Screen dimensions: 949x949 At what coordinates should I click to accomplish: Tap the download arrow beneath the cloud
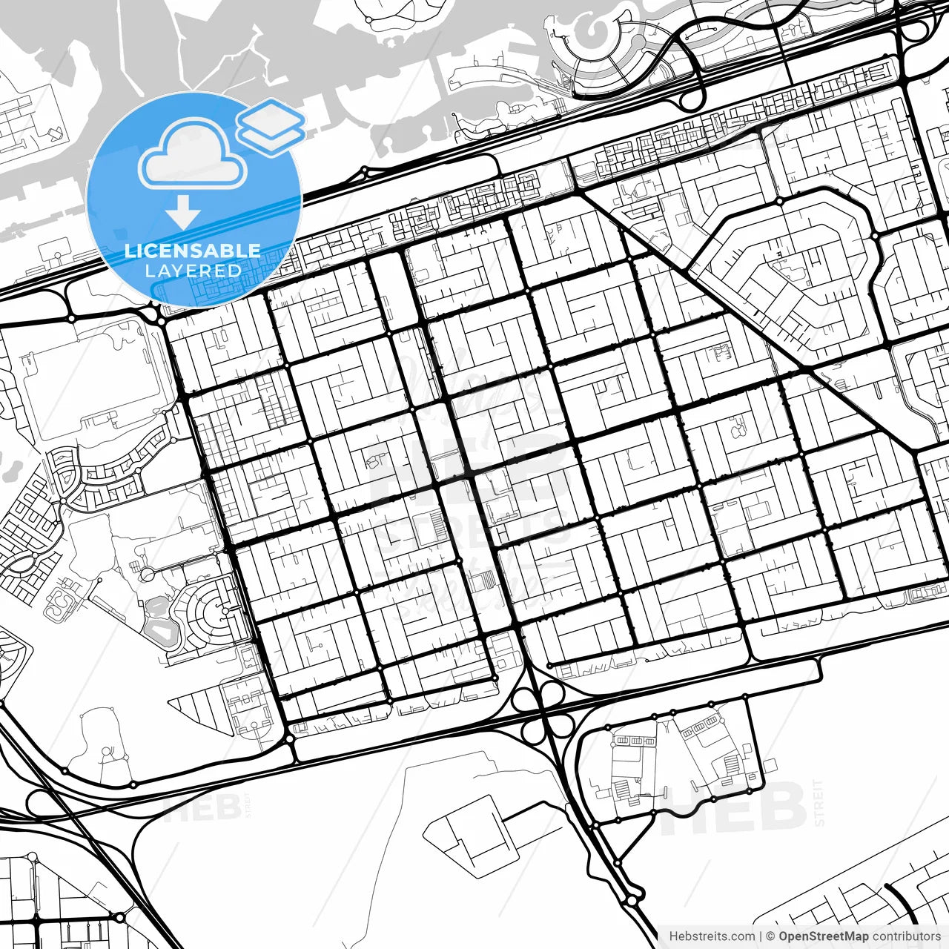[x=182, y=213]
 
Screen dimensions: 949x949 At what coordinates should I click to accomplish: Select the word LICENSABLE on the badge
[x=193, y=251]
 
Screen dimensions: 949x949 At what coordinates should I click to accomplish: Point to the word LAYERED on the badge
[x=193, y=271]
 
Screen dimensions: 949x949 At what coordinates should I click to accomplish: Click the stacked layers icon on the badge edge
[x=271, y=126]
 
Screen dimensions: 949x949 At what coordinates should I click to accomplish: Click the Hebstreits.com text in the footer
[x=712, y=936]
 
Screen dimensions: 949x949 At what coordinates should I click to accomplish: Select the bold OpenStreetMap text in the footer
[x=824, y=936]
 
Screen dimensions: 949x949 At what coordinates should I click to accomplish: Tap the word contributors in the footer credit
[x=906, y=936]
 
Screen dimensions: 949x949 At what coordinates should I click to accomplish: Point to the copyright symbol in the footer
[x=771, y=936]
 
